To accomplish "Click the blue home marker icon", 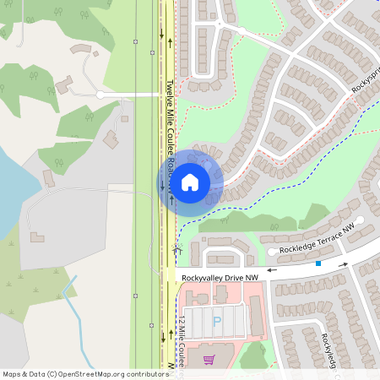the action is click(190, 182).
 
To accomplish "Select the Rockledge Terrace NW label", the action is click(318, 239).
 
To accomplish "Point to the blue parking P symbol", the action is click(216, 322).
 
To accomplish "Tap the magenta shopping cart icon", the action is click(209, 360).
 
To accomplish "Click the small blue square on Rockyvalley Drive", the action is click(318, 264).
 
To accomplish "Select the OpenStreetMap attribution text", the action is click(85, 373).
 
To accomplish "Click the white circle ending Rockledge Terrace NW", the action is click(272, 251).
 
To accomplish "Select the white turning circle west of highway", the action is click(100, 95).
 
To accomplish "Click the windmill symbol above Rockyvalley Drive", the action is click(177, 250).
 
